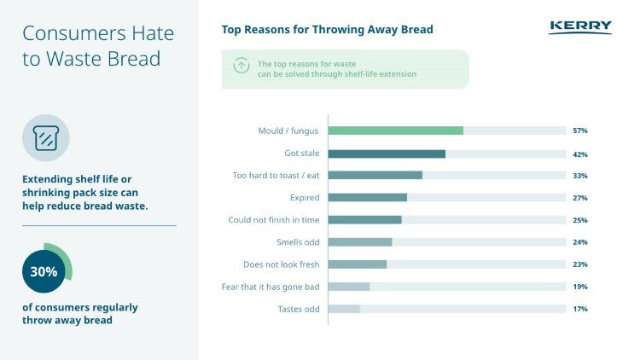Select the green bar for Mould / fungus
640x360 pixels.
pyautogui.click(x=395, y=131)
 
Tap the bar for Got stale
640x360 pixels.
pyautogui.click(x=387, y=154)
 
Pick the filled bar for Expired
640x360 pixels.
pyautogui.click(x=367, y=198)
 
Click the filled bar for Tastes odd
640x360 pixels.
pyautogui.click(x=344, y=309)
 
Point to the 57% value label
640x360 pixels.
pyautogui.click(x=580, y=131)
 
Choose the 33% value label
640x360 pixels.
pyautogui.click(x=580, y=176)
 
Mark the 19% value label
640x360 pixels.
pyautogui.click(x=580, y=287)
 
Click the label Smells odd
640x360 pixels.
pyautogui.click(x=299, y=242)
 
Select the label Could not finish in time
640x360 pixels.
pyautogui.click(x=274, y=220)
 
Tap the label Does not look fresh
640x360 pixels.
pyautogui.click(x=282, y=264)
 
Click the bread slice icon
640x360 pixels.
pyautogui.click(x=45, y=138)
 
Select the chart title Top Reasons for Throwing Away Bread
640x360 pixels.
pyautogui.click(x=327, y=30)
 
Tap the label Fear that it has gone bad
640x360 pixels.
pyautogui.click(x=271, y=287)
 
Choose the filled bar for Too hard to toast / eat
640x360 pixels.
pyautogui.click(x=375, y=176)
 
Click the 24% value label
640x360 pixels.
pyautogui.click(x=580, y=242)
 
